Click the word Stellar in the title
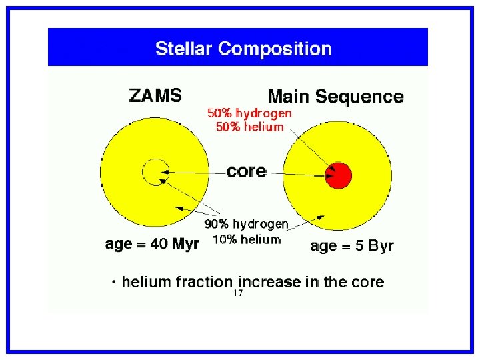tap(183, 49)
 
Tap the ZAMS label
tap(155, 95)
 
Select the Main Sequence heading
tap(335, 97)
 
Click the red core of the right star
tap(338, 176)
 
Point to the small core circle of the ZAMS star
tap(155, 172)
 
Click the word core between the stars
tap(246, 171)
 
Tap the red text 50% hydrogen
tap(249, 113)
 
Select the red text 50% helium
tap(249, 127)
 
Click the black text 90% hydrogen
tap(246, 224)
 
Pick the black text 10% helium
tap(246, 239)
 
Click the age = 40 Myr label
tap(152, 244)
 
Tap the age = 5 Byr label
tap(352, 246)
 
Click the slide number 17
tap(238, 293)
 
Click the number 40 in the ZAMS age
tap(159, 244)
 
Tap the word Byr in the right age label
tap(381, 246)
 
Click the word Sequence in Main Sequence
tap(359, 97)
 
